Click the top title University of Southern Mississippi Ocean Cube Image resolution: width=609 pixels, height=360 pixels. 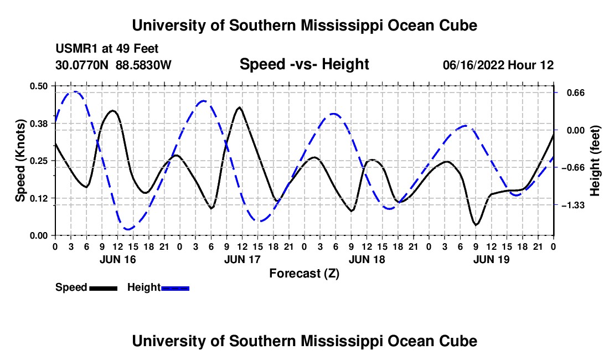pos(304,25)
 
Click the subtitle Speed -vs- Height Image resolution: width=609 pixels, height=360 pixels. pos(304,64)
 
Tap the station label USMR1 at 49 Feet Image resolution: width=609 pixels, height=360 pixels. pos(107,49)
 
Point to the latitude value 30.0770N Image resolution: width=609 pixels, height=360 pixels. pos(82,65)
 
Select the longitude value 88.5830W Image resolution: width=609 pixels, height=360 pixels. pos(143,65)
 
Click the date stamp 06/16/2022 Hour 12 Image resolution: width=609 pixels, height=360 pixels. pos(498,65)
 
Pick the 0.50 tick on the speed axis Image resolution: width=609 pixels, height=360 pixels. pos(38,86)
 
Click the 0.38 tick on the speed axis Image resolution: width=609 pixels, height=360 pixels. pos(38,124)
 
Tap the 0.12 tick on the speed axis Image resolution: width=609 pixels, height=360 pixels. pos(38,198)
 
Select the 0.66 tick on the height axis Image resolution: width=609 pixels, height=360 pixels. pos(576,93)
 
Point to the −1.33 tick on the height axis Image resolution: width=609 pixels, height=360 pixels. pos(573,205)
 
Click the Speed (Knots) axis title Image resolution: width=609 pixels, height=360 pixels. pos(20,161)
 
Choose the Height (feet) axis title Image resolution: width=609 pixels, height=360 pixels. pos(595,161)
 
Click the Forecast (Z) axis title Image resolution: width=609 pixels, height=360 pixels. pos(304,274)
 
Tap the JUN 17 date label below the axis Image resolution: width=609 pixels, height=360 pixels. pos(242,259)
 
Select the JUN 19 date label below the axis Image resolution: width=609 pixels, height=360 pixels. pos(491,259)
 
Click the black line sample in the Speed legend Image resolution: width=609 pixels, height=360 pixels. pos(104,288)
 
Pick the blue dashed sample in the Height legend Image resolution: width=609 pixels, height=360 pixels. pos(175,288)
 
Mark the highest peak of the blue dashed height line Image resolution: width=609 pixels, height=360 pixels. pos(74,92)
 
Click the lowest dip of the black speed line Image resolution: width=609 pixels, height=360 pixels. pos(476,224)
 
